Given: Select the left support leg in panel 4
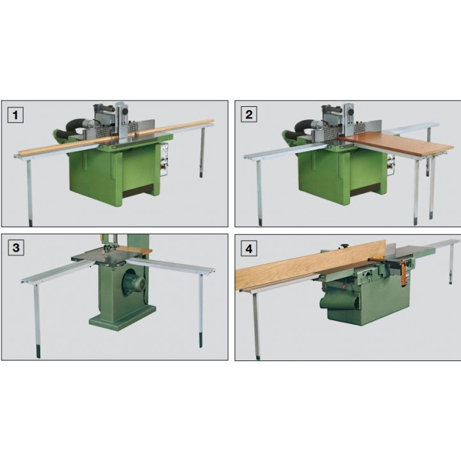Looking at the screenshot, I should tap(256, 323).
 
